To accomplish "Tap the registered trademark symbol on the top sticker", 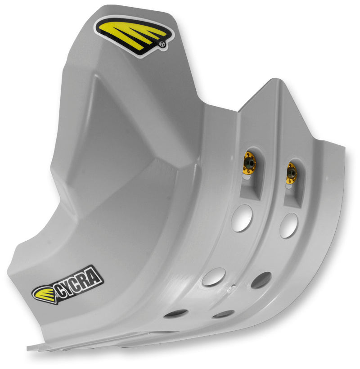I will tap(161, 44).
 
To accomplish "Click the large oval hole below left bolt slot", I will tap(242, 218).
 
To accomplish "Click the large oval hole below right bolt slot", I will tap(288, 225).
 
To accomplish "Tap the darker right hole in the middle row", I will tap(261, 280).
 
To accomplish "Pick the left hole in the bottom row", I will tap(175, 313).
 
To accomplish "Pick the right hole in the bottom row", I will tap(223, 314).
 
